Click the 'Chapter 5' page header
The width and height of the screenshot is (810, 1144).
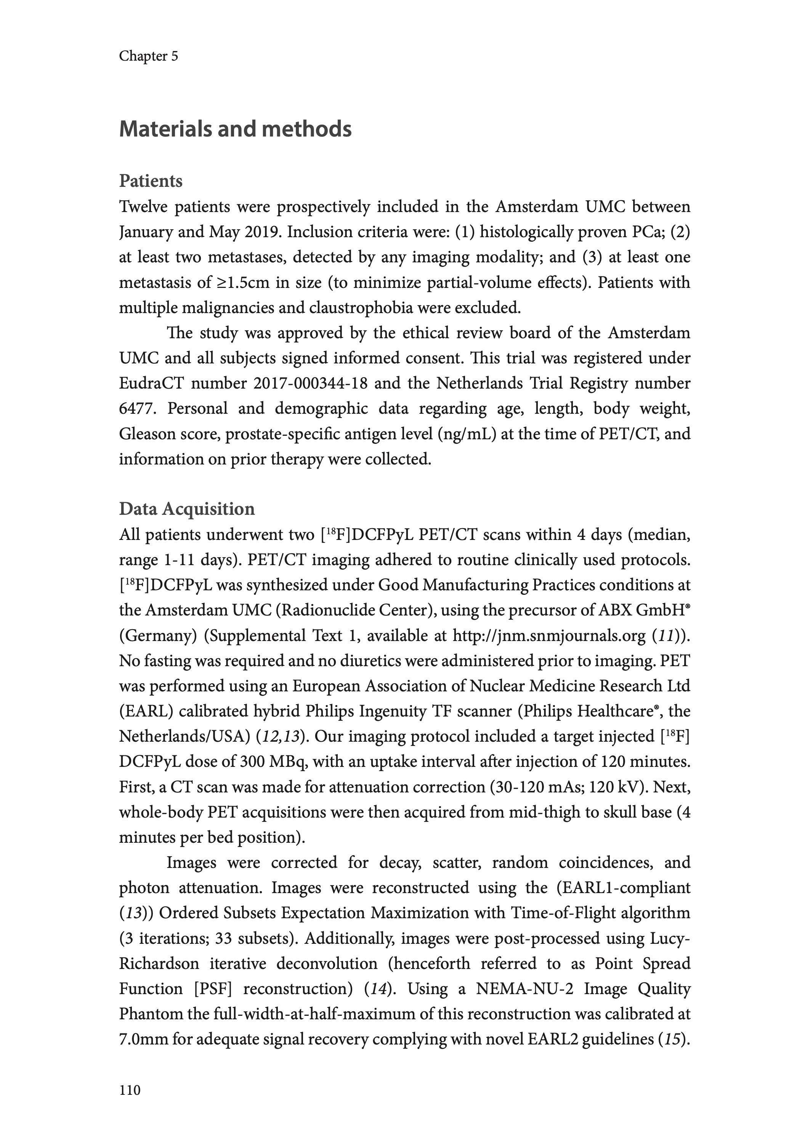[148, 56]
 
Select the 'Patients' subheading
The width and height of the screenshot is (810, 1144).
[151, 181]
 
